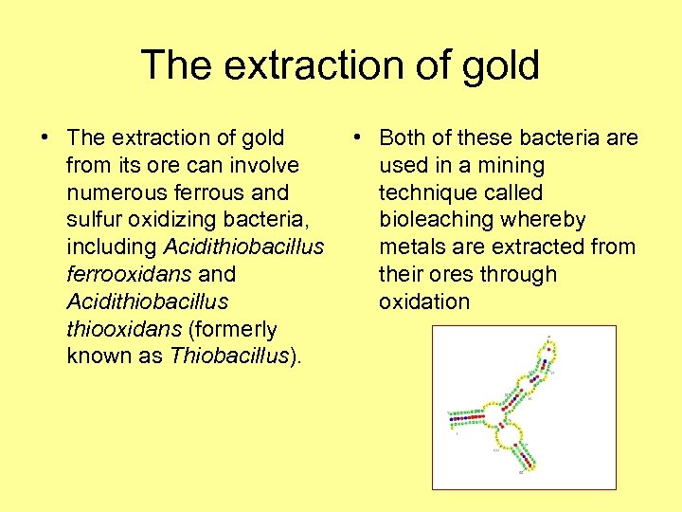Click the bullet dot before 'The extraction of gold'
tap(45, 138)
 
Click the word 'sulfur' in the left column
tap(93, 220)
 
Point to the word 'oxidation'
tap(424, 302)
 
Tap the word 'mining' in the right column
tap(512, 166)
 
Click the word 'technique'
tap(422, 192)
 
